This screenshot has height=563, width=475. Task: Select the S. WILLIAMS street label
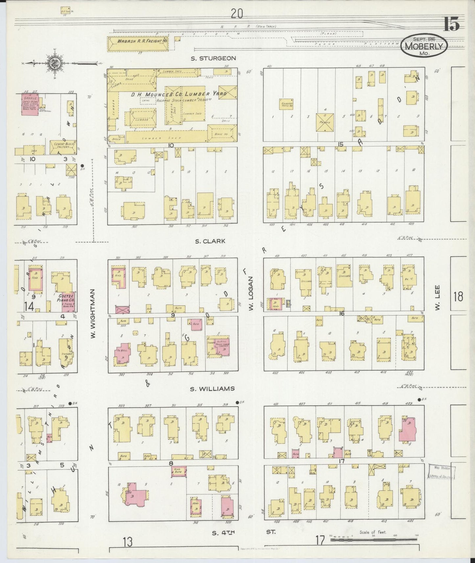(212, 389)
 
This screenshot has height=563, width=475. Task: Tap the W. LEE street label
(438, 297)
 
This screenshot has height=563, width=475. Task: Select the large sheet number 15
(452, 24)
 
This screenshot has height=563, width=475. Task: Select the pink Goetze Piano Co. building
(69, 302)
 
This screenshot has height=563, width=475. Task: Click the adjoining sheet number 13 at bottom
(128, 541)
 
